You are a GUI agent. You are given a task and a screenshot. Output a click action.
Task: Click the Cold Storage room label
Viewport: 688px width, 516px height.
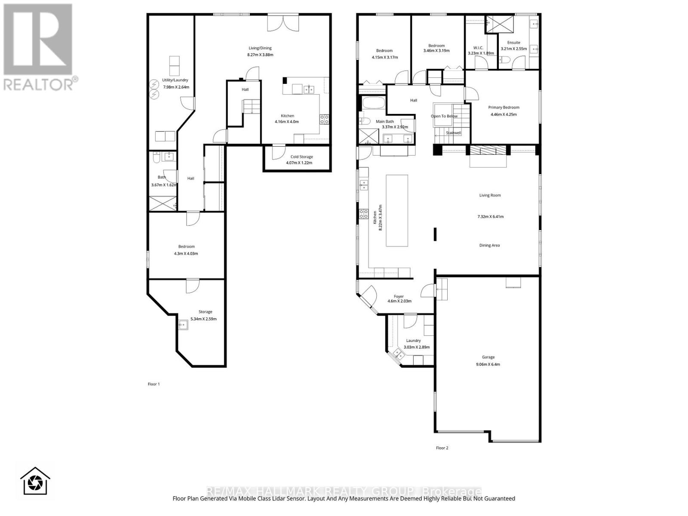pos(301,157)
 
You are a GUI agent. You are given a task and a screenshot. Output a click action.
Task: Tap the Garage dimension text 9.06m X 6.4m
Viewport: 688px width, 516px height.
pos(488,364)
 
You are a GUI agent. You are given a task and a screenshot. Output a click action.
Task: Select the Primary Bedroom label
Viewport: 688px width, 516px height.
pos(504,107)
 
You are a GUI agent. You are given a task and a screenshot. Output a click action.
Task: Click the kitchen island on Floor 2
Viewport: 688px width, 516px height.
pos(396,210)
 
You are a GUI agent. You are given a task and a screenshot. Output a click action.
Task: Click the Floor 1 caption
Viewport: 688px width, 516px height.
pos(154,384)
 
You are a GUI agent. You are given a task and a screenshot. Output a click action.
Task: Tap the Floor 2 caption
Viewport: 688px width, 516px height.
pos(442,448)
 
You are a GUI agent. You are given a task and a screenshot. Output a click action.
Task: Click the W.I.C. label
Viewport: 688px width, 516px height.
pos(478,48)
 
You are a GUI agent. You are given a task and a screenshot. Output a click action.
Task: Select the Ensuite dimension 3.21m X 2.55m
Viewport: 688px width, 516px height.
pos(513,49)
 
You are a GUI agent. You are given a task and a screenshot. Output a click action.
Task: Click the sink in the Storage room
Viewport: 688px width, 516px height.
pos(183,325)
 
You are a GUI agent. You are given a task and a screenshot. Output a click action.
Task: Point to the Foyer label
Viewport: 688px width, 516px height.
pos(399,296)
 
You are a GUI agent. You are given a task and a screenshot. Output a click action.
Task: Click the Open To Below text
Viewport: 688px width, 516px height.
pos(444,116)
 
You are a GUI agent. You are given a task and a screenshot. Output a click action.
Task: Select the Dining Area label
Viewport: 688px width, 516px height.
pos(489,245)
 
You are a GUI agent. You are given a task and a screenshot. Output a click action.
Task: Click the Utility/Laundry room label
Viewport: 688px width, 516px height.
pos(175,80)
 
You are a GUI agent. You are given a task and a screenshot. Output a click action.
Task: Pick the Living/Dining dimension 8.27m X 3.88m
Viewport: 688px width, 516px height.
pos(260,55)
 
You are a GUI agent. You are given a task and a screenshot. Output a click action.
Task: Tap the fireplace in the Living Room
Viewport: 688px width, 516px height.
pos(488,150)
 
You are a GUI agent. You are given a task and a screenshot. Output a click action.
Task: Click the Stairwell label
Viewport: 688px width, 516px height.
pos(453,133)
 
